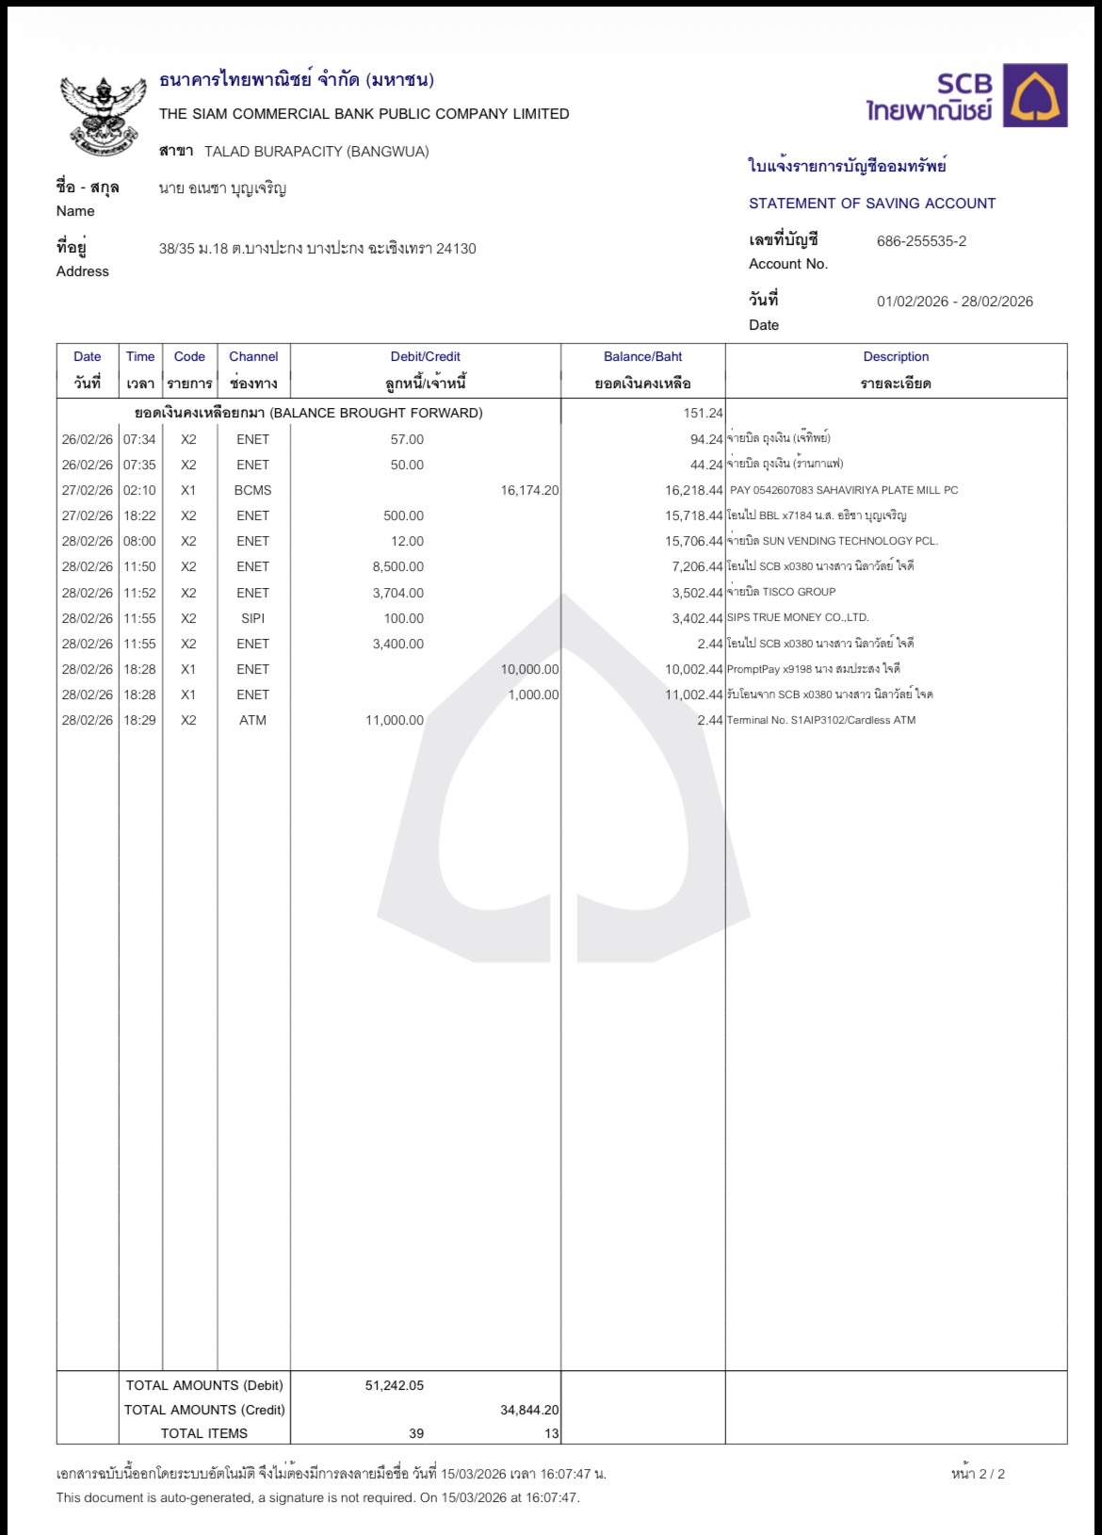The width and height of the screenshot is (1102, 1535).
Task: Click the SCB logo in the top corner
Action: [966, 95]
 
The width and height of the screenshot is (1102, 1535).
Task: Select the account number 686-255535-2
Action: [921, 241]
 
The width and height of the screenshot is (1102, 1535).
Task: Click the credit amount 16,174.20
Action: [529, 491]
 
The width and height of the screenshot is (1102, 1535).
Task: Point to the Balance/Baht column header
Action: [642, 357]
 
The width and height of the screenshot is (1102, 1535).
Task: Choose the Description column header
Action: [896, 357]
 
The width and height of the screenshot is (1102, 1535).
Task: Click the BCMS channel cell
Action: [252, 491]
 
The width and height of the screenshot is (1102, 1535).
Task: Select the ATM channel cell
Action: [252, 721]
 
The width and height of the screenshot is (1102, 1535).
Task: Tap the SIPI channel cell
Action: [252, 619]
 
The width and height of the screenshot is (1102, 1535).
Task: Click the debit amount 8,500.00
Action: [398, 567]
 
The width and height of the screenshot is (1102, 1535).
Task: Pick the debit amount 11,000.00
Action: [395, 721]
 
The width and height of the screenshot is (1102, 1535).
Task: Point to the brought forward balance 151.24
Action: [703, 414]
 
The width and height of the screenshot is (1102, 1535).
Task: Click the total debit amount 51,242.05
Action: [395, 1386]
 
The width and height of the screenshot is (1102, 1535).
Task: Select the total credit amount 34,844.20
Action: [529, 1411]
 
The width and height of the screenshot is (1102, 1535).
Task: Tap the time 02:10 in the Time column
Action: [139, 491]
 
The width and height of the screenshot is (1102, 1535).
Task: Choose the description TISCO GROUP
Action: [781, 593]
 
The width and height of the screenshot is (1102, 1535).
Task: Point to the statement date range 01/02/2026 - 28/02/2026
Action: [954, 302]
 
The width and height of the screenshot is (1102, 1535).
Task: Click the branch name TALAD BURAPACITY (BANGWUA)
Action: [316, 152]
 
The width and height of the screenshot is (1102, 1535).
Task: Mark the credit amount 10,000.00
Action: [529, 670]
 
